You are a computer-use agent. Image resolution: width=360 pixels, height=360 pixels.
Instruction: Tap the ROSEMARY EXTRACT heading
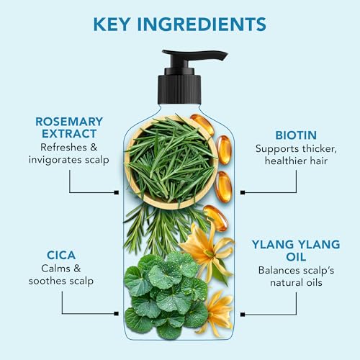coord(69,127)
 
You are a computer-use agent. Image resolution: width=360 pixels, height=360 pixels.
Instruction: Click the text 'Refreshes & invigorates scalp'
coord(69,153)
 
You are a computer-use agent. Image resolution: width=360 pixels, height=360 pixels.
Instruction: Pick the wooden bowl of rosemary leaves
coord(170,162)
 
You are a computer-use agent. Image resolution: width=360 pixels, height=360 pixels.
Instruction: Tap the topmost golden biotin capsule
coord(202,125)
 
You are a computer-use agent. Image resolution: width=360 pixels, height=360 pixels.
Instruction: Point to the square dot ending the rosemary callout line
coord(117,192)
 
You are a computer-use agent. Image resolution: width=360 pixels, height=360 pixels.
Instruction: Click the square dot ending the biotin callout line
coord(243,192)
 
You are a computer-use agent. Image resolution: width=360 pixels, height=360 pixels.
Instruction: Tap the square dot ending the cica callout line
coord(117,313)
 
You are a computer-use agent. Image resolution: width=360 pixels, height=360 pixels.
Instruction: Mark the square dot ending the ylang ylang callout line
coord(243,313)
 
